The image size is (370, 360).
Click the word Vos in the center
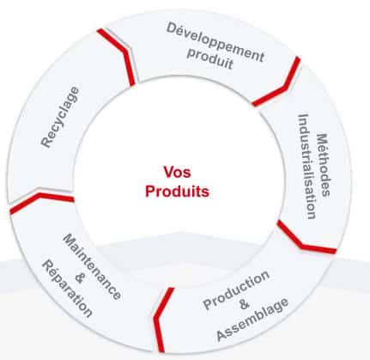[177, 172]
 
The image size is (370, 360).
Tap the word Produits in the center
[177, 191]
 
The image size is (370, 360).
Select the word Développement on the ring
[215, 42]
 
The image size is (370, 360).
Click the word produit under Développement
[209, 59]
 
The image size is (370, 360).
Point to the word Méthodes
[325, 165]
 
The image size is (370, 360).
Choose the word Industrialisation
[307, 167]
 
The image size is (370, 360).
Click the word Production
[236, 290]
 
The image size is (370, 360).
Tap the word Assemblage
[252, 320]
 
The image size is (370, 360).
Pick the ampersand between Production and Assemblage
[244, 304]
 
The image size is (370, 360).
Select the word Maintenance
[92, 267]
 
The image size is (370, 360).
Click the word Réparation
[67, 289]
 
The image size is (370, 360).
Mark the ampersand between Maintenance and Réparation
[80, 278]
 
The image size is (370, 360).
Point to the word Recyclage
[60, 117]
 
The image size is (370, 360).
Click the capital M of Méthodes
[324, 140]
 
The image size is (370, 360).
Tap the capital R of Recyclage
[46, 142]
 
